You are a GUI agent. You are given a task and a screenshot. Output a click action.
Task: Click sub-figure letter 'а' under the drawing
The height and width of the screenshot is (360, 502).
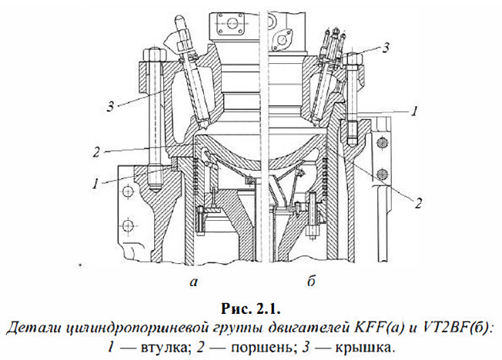(193, 282)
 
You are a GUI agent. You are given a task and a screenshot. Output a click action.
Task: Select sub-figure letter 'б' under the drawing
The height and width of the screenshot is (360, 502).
(312, 282)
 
